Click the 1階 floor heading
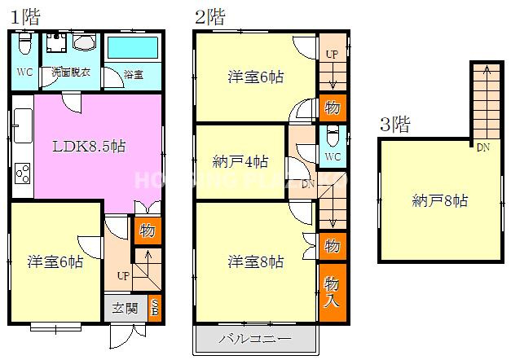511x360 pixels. pyautogui.click(x=25, y=15)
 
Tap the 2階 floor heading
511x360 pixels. pyautogui.click(x=210, y=15)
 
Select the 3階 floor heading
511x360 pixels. pyautogui.click(x=394, y=125)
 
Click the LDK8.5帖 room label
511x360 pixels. pyautogui.click(x=89, y=147)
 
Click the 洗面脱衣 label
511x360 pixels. pyautogui.click(x=71, y=72)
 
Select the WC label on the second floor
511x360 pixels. pyautogui.click(x=333, y=156)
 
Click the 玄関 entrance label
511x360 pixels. pyautogui.click(x=124, y=309)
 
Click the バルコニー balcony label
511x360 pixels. pyautogui.click(x=253, y=339)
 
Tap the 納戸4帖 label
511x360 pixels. pyautogui.click(x=240, y=161)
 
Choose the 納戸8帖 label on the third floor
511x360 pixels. pyautogui.click(x=440, y=200)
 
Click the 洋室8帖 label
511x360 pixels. pyautogui.click(x=256, y=261)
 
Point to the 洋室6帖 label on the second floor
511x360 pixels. pyautogui.click(x=256, y=77)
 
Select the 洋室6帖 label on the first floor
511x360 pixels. pyautogui.click(x=55, y=261)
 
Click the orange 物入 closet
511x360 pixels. pyautogui.click(x=332, y=289)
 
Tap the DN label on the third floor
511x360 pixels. pyautogui.click(x=482, y=147)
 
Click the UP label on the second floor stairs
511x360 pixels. pyautogui.click(x=331, y=54)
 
